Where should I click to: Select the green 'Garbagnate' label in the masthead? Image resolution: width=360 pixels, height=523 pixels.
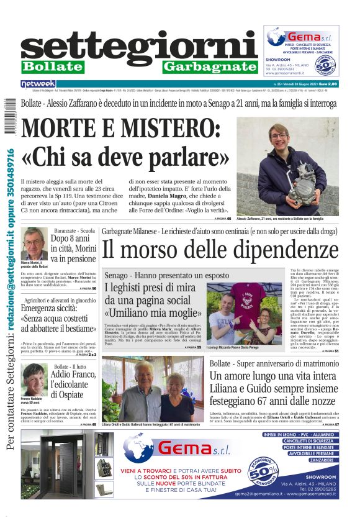(x=209, y=66)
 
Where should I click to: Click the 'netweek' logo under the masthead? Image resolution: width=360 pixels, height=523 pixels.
(x=38, y=84)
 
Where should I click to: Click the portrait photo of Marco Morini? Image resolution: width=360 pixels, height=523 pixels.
(x=34, y=243)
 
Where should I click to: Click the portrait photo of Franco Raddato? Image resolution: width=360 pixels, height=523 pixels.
(x=34, y=380)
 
